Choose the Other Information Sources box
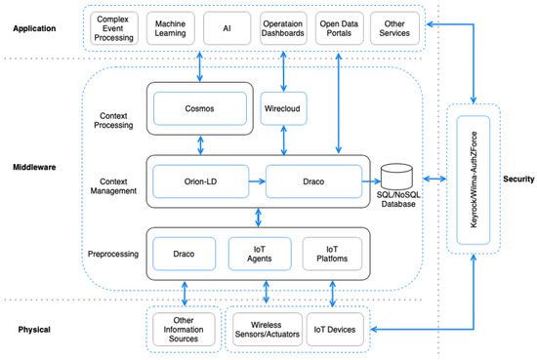[x=183, y=330]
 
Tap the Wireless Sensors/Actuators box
[x=264, y=330]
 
